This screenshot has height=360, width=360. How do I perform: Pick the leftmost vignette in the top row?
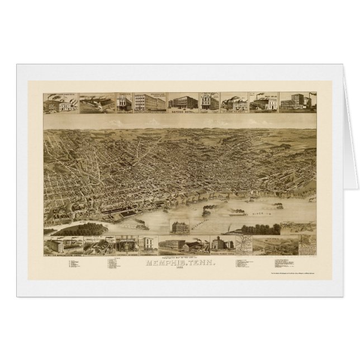60,102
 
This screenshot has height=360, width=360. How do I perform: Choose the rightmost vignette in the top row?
297,102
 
